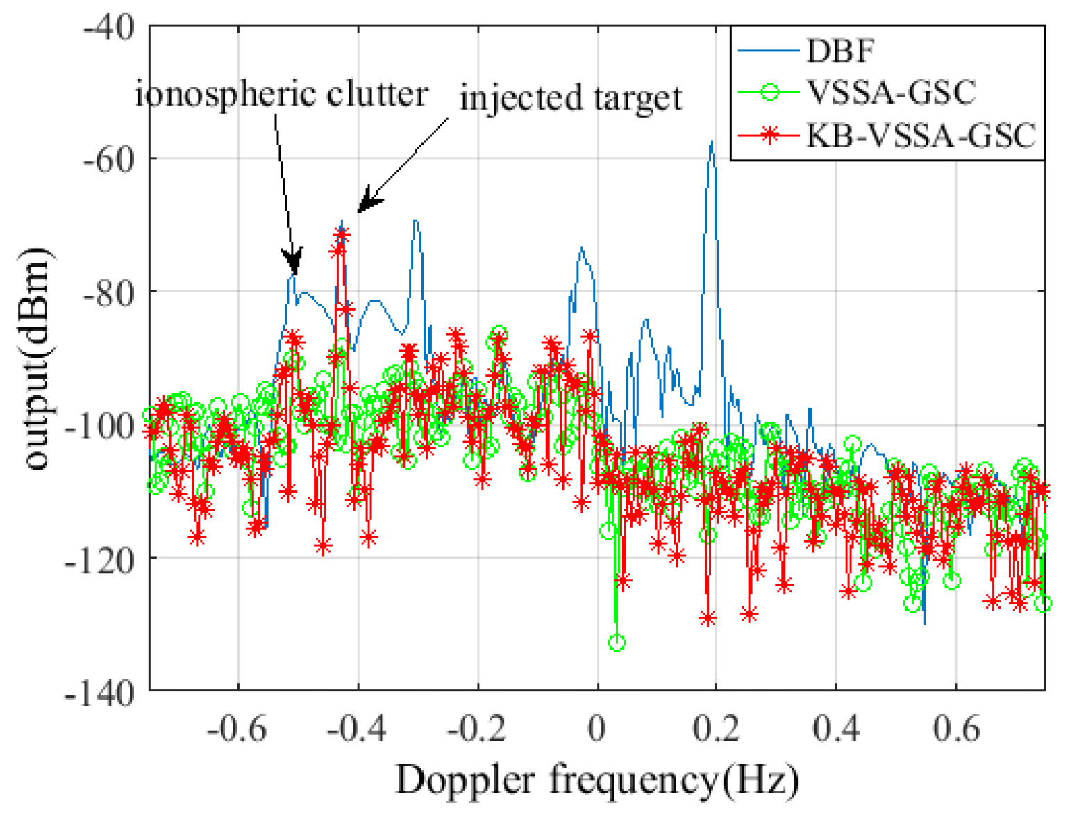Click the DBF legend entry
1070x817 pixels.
tap(840, 51)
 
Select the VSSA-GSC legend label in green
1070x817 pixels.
tap(891, 92)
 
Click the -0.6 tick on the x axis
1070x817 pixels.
tap(237, 729)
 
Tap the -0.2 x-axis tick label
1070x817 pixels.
tap(476, 729)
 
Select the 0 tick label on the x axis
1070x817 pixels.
tap(596, 729)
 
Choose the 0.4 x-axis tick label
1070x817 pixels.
tap(836, 729)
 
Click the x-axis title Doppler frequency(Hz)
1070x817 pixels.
tap(597, 779)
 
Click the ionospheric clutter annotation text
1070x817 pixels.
tap(281, 94)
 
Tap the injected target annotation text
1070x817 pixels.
tap(571, 97)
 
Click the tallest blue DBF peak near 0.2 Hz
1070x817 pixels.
tap(711, 144)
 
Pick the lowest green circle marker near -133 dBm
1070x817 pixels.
tap(617, 643)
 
